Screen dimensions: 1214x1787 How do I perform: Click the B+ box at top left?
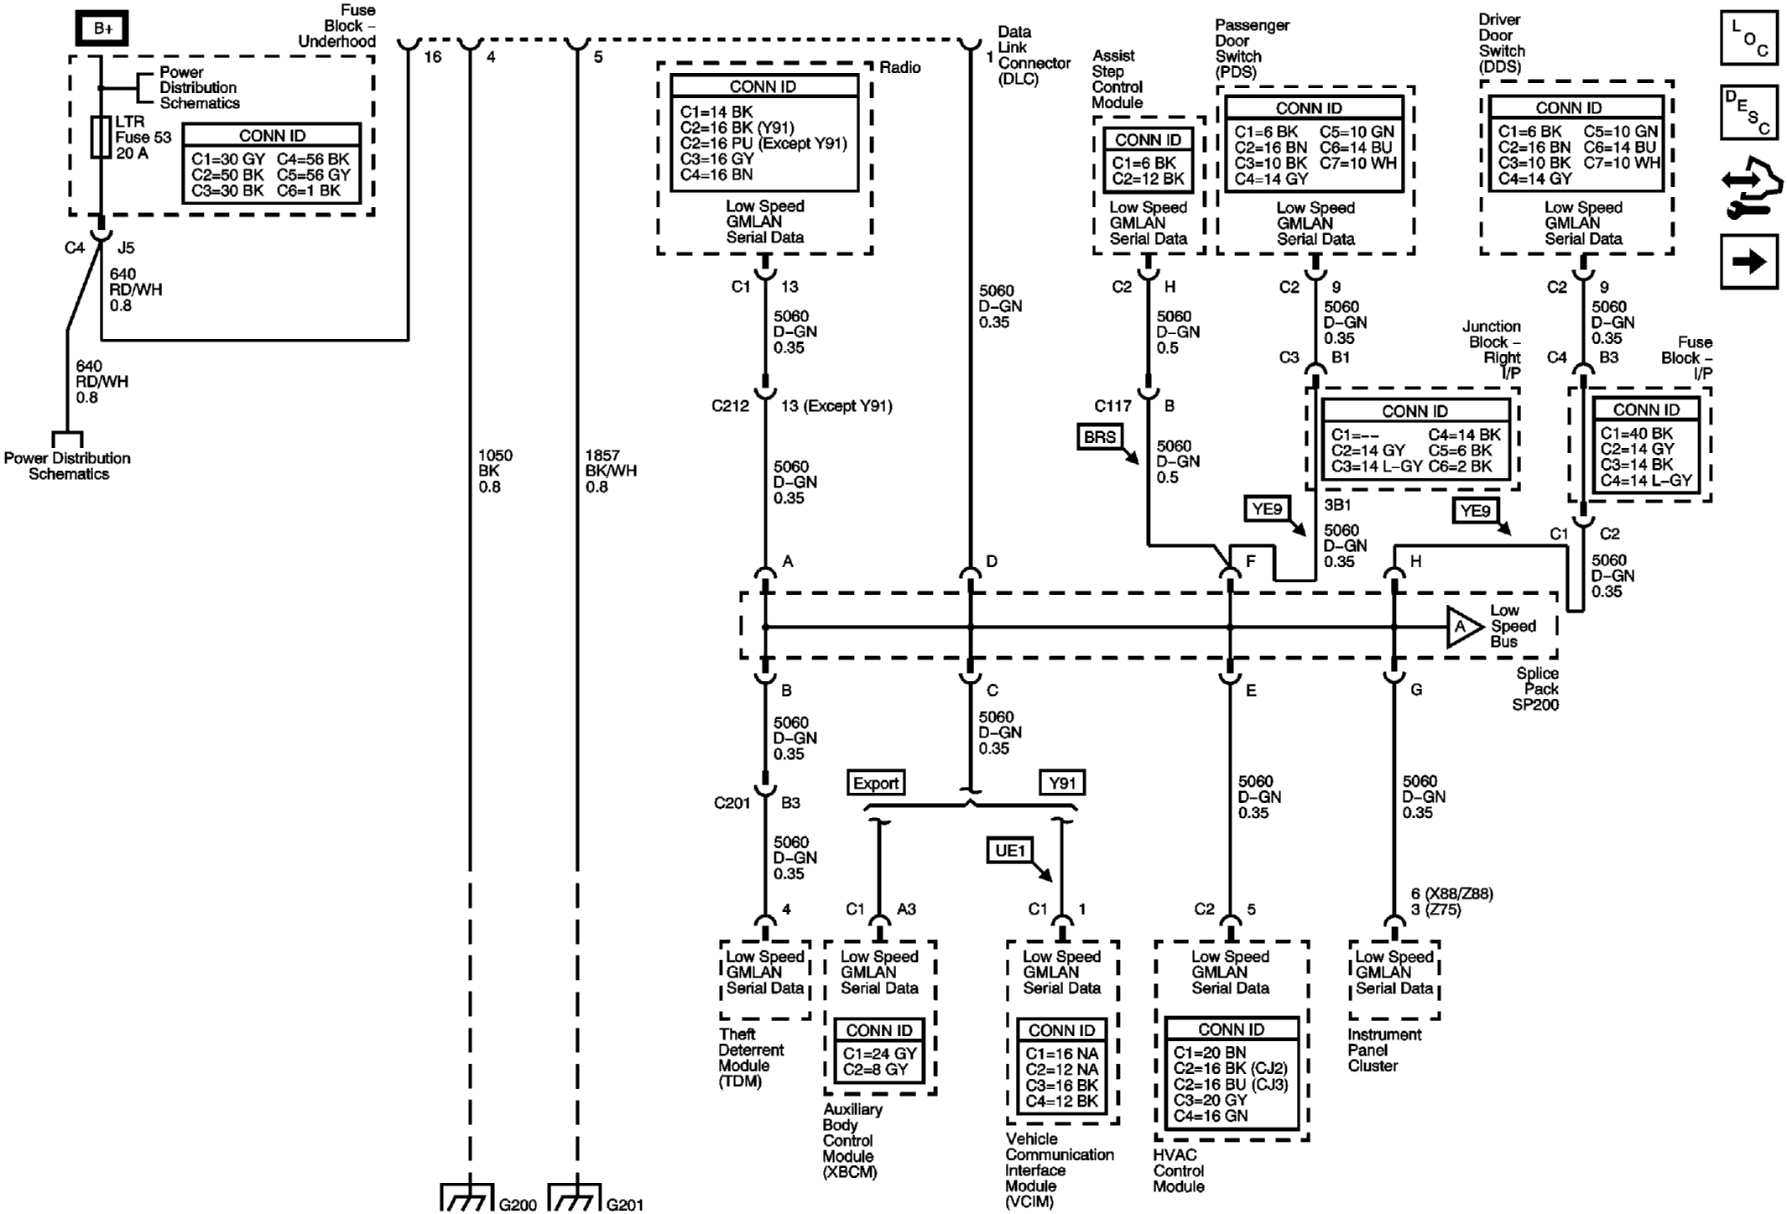click(x=102, y=29)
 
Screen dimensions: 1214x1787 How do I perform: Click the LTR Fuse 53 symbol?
click(x=101, y=137)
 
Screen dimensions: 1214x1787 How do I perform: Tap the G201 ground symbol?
click(x=576, y=1198)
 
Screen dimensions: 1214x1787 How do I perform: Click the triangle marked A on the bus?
click(x=1462, y=627)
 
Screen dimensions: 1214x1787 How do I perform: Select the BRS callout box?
click(x=1100, y=436)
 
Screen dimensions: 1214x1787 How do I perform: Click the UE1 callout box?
click(x=1010, y=851)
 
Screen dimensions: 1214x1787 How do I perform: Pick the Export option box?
click(x=876, y=783)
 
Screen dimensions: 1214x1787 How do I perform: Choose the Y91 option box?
click(x=1062, y=783)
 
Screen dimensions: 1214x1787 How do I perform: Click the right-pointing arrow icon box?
click(x=1748, y=262)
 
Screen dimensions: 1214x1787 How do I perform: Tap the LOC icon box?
click(x=1748, y=38)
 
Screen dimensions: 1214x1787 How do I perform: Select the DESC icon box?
click(x=1748, y=112)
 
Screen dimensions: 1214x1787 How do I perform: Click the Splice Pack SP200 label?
click(x=1536, y=689)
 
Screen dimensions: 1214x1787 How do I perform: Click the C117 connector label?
click(x=1112, y=406)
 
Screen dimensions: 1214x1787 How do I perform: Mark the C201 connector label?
click(x=732, y=803)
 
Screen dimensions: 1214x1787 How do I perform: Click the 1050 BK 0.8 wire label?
click(x=494, y=471)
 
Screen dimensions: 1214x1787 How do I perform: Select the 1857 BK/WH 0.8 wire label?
click(x=610, y=471)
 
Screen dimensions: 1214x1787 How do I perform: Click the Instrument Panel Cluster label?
click(x=1384, y=1050)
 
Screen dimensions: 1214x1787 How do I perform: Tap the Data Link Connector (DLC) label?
click(x=1033, y=55)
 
